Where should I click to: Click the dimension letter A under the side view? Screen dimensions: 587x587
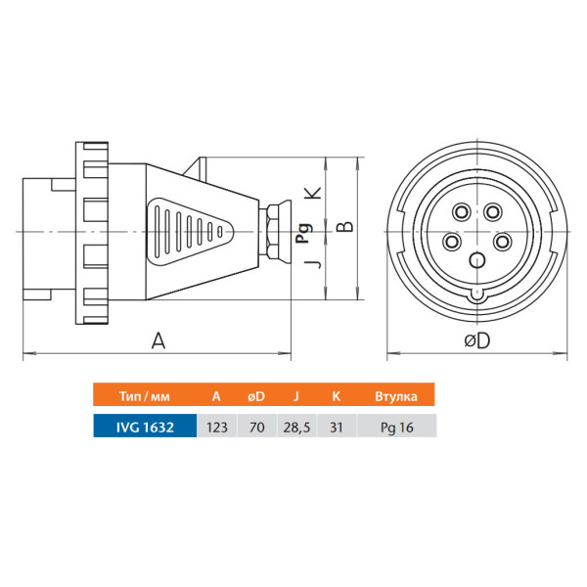click(x=158, y=340)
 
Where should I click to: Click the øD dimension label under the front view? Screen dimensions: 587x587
click(x=477, y=340)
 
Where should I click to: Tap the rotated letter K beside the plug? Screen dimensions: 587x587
click(x=313, y=193)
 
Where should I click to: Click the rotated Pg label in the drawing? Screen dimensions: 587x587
click(x=304, y=233)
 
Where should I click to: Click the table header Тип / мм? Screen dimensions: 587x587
click(x=145, y=396)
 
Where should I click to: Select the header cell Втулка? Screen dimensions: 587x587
click(x=396, y=396)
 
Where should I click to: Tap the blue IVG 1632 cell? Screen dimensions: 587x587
click(x=145, y=427)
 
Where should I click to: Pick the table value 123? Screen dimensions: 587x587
click(x=217, y=428)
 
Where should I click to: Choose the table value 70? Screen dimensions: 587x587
click(x=256, y=428)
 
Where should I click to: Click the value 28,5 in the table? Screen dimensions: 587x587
click(x=296, y=428)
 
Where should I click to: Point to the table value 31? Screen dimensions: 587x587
click(x=337, y=428)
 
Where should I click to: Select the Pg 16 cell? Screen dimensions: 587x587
click(x=397, y=428)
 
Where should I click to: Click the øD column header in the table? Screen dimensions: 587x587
click(x=256, y=396)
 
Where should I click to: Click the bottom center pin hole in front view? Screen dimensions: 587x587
click(x=477, y=260)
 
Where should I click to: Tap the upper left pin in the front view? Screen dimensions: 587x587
click(x=462, y=212)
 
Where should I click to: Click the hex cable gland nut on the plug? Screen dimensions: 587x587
click(x=272, y=232)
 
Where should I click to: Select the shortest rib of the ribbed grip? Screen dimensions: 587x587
click(x=220, y=232)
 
